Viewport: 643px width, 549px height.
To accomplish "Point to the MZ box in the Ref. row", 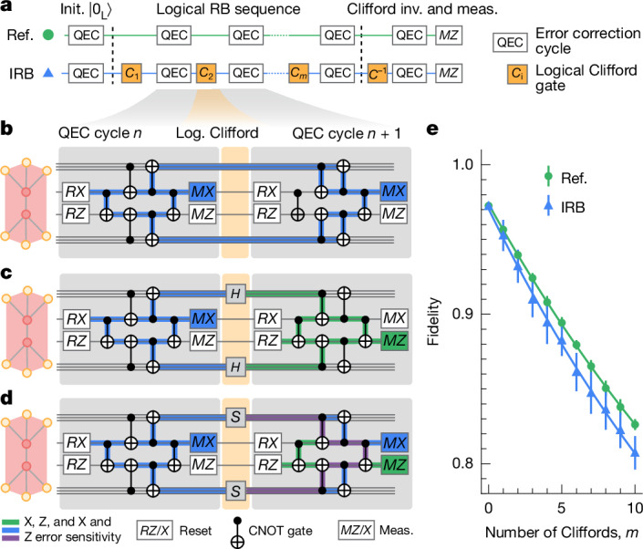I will click(448, 40).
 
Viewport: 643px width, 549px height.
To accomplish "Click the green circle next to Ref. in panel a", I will click(47, 40).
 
